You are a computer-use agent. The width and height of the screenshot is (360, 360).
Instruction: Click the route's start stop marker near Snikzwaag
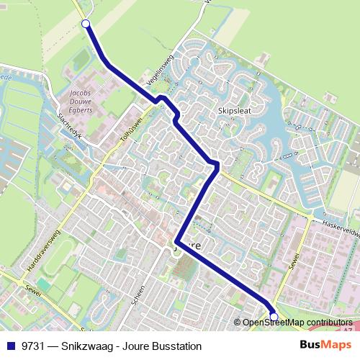(86, 24)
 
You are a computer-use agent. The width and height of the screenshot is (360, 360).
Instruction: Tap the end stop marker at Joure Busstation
(274, 316)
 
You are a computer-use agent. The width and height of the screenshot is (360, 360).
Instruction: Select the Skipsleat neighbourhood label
(235, 112)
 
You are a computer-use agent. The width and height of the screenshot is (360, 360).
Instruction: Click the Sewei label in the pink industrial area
(294, 274)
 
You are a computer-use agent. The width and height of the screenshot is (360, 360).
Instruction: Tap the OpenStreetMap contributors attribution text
(297, 323)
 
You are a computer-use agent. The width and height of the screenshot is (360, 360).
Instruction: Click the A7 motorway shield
(348, 330)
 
